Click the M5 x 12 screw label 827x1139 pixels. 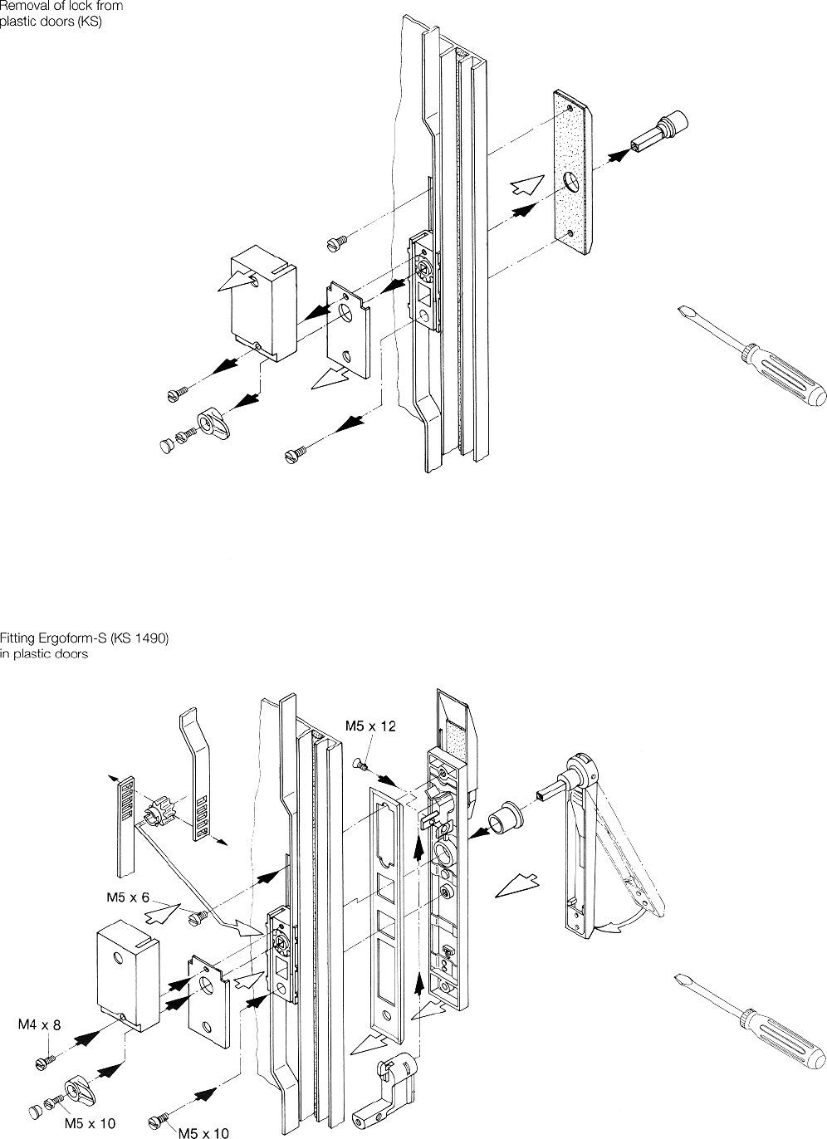point(371,726)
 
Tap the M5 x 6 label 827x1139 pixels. point(127,897)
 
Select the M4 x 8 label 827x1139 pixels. point(39,1025)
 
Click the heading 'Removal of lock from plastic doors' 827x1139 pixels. point(61,14)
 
